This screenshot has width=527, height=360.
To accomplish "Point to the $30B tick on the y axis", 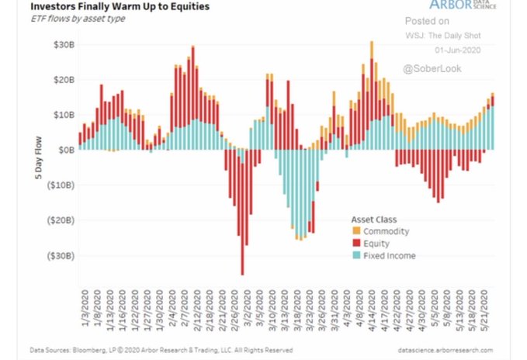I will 64,44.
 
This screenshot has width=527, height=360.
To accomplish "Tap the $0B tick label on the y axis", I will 67,150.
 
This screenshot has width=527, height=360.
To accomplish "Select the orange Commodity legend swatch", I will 357,231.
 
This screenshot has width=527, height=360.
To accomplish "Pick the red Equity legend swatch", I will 357,244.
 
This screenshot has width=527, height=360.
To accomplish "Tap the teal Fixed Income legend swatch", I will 357,256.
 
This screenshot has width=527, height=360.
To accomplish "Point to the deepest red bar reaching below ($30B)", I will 242,268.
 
